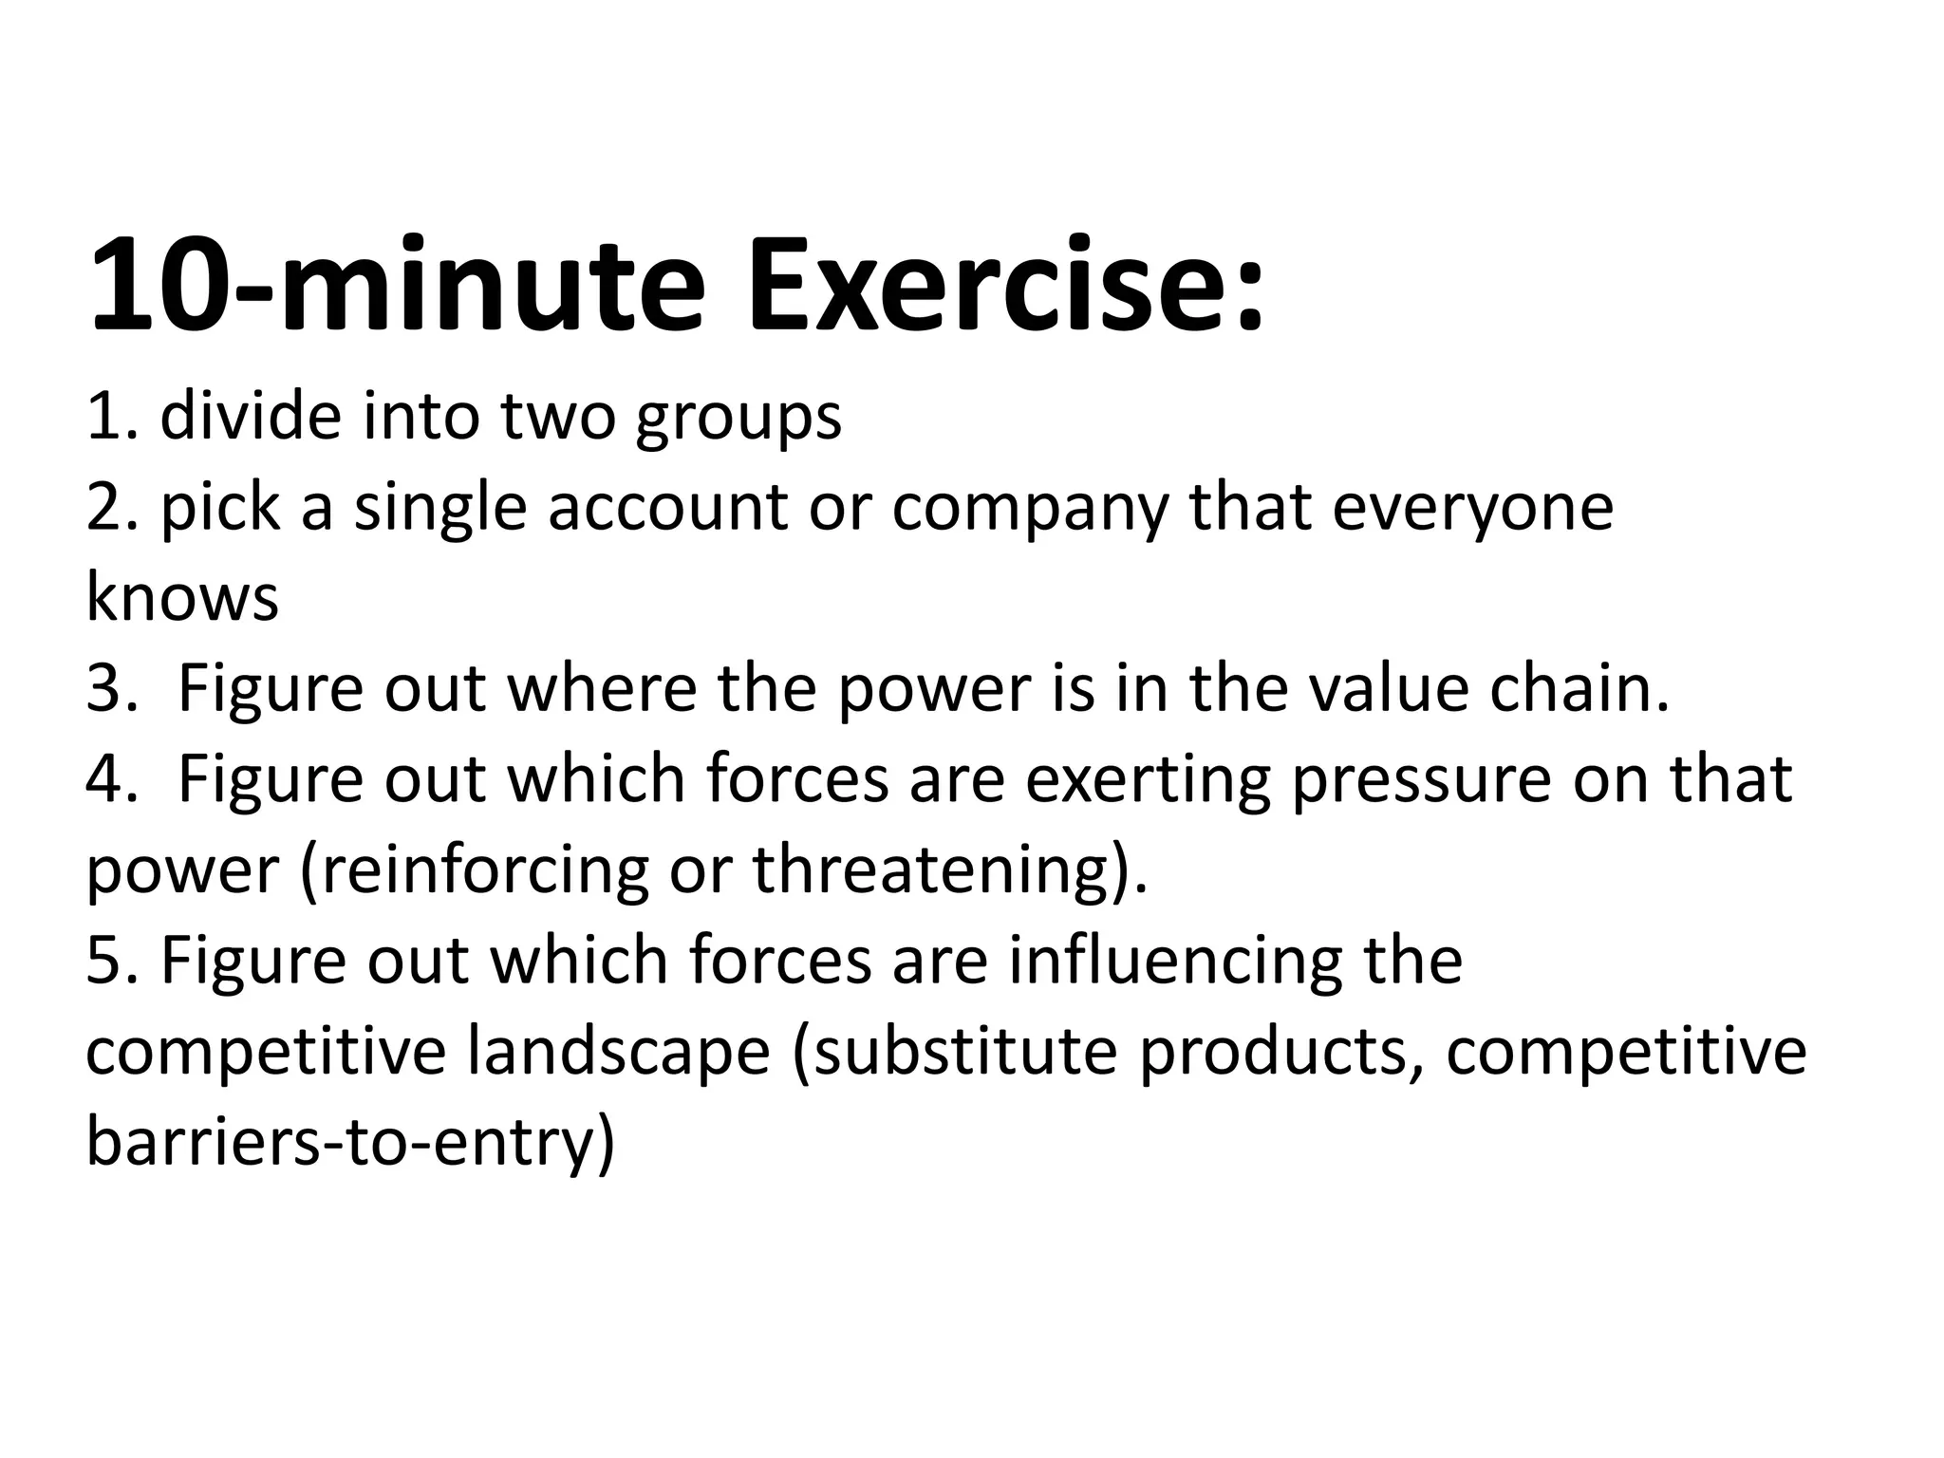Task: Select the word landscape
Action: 618,1052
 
